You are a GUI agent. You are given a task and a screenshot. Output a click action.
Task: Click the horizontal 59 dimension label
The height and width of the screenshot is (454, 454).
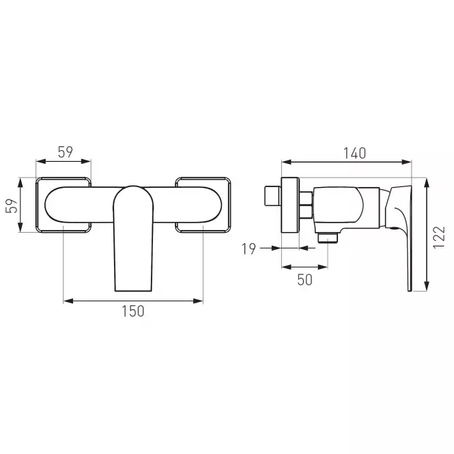click(66, 152)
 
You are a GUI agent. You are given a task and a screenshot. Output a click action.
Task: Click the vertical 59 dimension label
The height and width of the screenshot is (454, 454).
click(12, 206)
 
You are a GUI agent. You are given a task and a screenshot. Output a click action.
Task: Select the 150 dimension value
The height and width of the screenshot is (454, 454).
click(133, 311)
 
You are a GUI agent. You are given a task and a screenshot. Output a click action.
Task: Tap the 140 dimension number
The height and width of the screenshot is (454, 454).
click(355, 153)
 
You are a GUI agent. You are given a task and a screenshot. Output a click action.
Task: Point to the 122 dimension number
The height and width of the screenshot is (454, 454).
click(439, 237)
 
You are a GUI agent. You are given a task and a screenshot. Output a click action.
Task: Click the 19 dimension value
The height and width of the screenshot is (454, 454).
click(249, 249)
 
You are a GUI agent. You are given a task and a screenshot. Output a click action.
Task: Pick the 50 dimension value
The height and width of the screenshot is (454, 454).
click(305, 280)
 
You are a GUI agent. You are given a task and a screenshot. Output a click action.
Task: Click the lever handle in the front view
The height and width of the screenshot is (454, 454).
click(133, 238)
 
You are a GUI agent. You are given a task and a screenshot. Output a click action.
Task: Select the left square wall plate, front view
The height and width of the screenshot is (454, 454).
click(63, 205)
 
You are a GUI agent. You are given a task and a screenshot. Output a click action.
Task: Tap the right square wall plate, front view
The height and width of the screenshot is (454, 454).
click(203, 205)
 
